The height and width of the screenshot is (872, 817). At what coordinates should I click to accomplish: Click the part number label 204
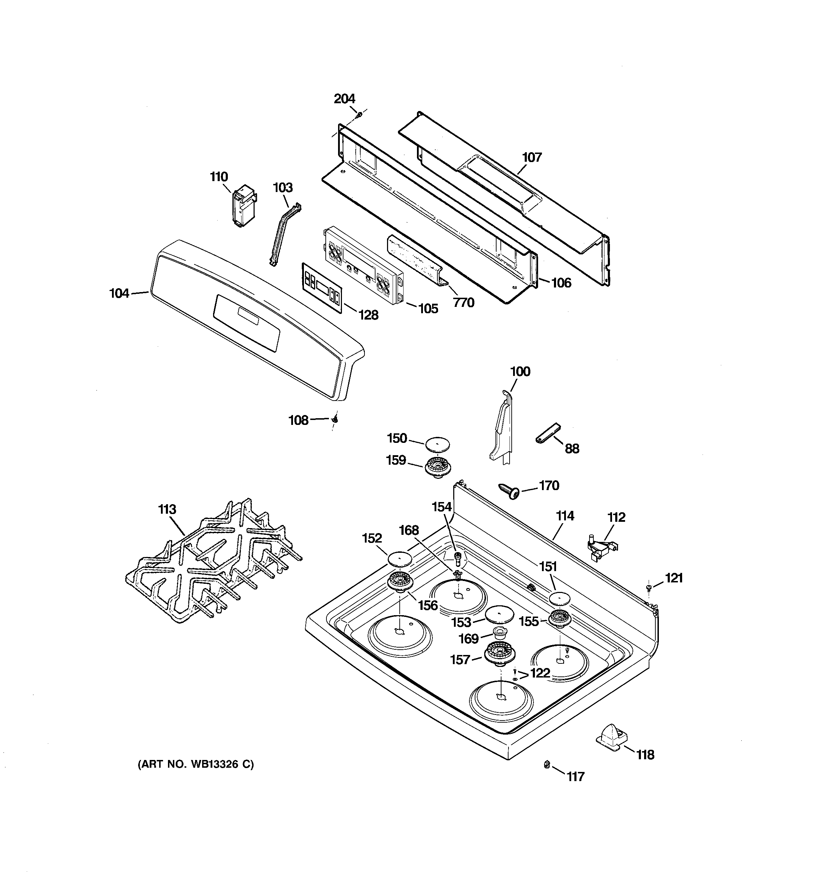(x=344, y=99)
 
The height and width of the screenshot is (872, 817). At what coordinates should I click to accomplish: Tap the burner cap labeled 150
(x=437, y=444)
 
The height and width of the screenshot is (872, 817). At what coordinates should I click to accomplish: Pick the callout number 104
(x=119, y=293)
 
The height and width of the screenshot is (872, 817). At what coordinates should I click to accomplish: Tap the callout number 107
(x=531, y=157)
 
